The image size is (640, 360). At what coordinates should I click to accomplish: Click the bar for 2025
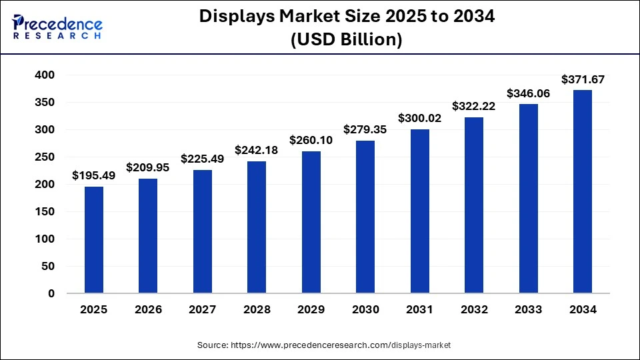94,240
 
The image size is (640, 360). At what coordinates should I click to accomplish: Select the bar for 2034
582,192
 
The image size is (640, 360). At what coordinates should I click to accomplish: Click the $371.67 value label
582,79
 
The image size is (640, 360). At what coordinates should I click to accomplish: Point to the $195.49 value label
94,176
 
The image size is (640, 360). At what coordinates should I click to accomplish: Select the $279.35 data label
365,129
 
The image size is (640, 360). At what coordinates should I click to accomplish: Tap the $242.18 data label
257,150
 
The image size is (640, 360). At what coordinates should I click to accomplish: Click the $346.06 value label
528,93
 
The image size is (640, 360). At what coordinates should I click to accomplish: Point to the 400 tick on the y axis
45,75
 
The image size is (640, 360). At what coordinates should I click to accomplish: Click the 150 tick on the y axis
45,211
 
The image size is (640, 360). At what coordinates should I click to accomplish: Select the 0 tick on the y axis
51,293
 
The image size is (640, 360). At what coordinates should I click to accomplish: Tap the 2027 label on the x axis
203,310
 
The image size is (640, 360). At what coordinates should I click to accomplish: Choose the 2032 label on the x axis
474,310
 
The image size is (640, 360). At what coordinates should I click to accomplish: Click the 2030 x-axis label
365,310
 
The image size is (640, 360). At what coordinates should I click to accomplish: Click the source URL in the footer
340,345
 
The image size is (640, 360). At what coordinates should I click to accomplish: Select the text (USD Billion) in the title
347,39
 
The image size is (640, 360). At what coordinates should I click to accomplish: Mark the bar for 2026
148,236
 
